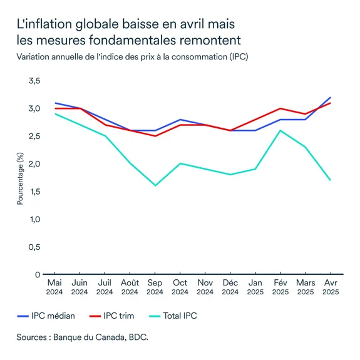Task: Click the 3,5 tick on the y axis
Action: pos(34,81)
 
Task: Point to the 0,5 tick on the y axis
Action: pos(34,247)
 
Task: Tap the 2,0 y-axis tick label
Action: pos(34,163)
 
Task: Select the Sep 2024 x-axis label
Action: pos(155,287)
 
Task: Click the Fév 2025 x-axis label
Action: pos(280,287)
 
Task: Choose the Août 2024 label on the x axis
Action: pos(130,287)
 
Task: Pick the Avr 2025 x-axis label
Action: pos(330,287)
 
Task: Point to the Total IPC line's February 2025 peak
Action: pos(280,130)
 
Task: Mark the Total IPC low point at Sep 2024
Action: pos(155,185)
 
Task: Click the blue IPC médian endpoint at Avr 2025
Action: pos(330,98)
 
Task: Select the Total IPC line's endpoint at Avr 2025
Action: pos(330,180)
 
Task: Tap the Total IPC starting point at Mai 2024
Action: pos(54,114)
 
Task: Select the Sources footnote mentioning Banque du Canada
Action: pos(83,337)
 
